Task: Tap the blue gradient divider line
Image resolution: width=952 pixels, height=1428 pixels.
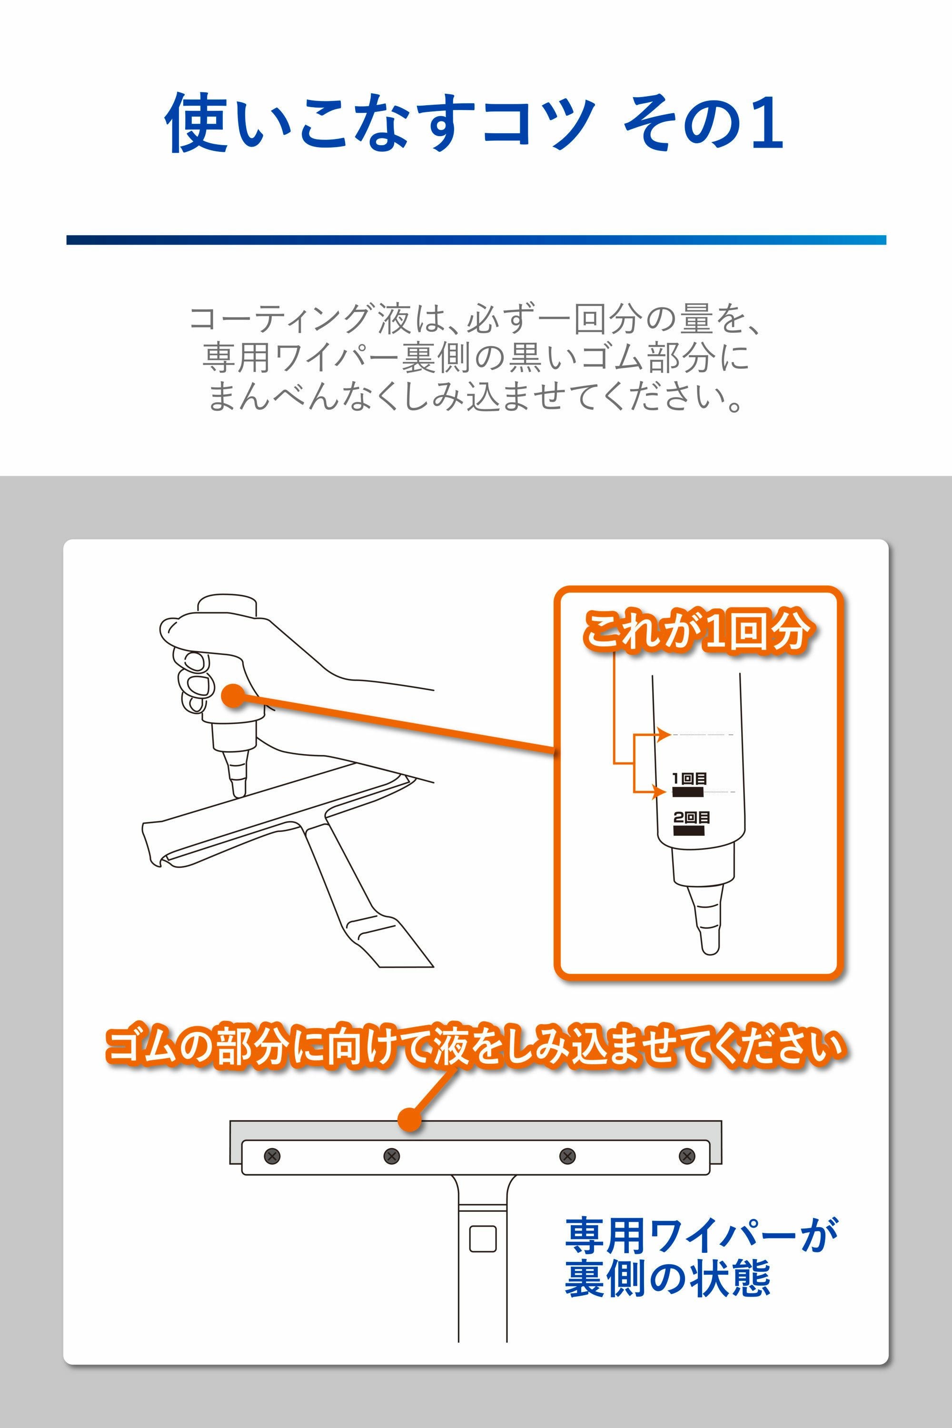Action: click(476, 240)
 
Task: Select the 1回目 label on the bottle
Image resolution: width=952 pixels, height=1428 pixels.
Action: click(689, 778)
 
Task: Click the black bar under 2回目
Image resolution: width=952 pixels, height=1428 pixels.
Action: click(688, 831)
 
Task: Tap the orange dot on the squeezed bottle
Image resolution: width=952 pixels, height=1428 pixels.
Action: click(233, 695)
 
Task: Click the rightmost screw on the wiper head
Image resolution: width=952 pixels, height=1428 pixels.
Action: click(687, 1156)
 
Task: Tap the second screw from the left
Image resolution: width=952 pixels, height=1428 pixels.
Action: click(392, 1156)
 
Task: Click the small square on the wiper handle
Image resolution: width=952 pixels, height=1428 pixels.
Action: click(483, 1239)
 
